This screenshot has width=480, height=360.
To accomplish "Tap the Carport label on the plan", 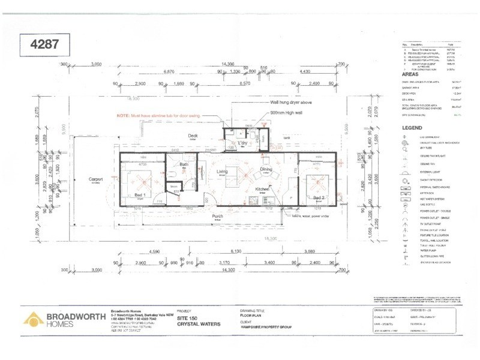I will pos(95,179).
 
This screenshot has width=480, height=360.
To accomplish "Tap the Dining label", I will pos(266,169).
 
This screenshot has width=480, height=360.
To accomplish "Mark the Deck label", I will pos(193,136).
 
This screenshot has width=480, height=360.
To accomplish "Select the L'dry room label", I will pos(243,142).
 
